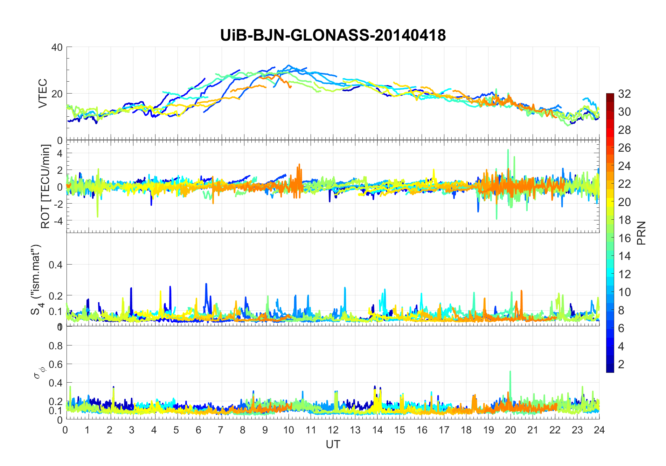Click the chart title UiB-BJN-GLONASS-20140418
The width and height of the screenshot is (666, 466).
pos(333,35)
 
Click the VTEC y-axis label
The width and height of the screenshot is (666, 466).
pos(43,93)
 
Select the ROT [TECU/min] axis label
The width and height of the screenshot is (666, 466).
pos(46,186)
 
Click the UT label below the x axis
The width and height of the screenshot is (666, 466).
pos(333,444)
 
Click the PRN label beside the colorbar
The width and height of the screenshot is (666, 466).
pos(641,233)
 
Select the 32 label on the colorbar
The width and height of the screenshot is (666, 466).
pos(624,94)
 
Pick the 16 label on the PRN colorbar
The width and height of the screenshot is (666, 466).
pos(624,238)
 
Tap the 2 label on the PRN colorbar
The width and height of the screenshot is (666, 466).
pos(621,364)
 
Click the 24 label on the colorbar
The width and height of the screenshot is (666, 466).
pos(624,166)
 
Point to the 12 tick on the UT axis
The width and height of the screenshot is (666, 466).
pos(333,430)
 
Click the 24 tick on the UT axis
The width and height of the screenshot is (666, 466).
pos(599,430)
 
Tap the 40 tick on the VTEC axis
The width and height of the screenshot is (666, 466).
pos(57,47)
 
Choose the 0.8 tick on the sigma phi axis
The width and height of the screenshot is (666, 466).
pos(56,346)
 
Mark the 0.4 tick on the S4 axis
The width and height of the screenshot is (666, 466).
pos(56,265)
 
